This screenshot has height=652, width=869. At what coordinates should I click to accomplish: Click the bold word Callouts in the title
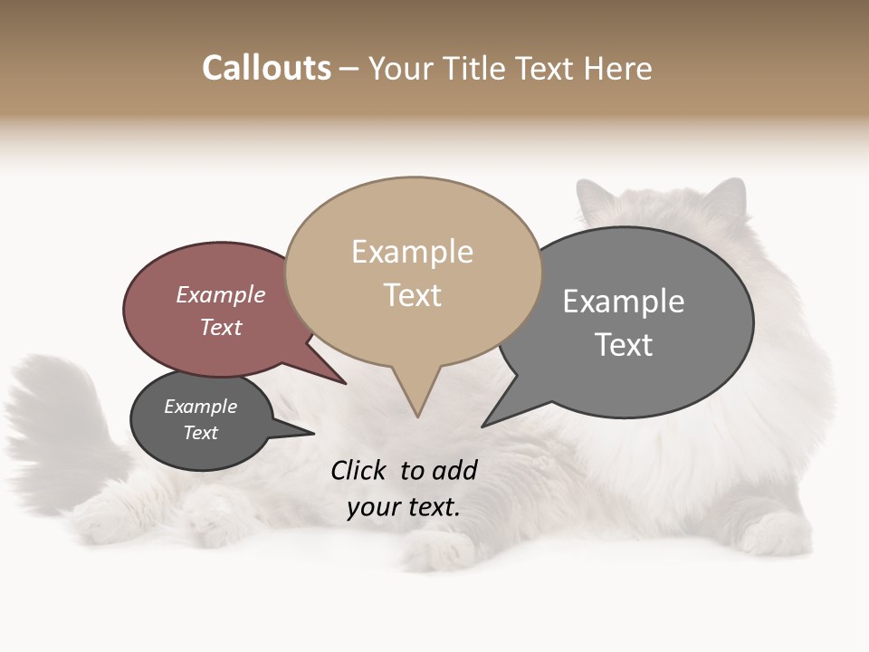pyautogui.click(x=267, y=68)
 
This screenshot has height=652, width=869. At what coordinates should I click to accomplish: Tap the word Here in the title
pyautogui.click(x=618, y=68)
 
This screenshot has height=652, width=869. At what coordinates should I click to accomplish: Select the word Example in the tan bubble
pyautogui.click(x=412, y=252)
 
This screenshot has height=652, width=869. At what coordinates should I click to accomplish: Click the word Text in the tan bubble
pyautogui.click(x=413, y=295)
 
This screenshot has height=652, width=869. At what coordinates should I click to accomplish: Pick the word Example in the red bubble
pyautogui.click(x=220, y=294)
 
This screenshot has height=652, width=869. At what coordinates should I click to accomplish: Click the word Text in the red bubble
pyautogui.click(x=221, y=327)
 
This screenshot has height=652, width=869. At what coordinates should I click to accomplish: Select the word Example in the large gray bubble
pyautogui.click(x=624, y=302)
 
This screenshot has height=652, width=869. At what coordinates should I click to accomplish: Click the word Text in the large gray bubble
pyautogui.click(x=624, y=345)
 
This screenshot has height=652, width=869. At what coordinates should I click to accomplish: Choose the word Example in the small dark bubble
pyautogui.click(x=200, y=407)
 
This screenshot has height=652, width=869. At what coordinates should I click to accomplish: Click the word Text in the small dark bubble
pyautogui.click(x=200, y=433)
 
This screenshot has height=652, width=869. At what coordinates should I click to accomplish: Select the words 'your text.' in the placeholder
pyautogui.click(x=403, y=507)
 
